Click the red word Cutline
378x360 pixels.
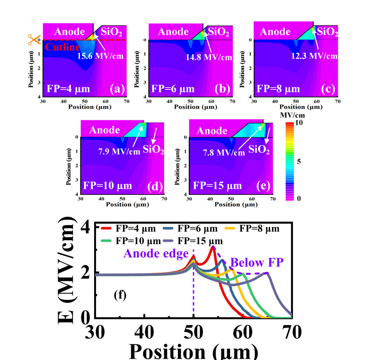(60, 47)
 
